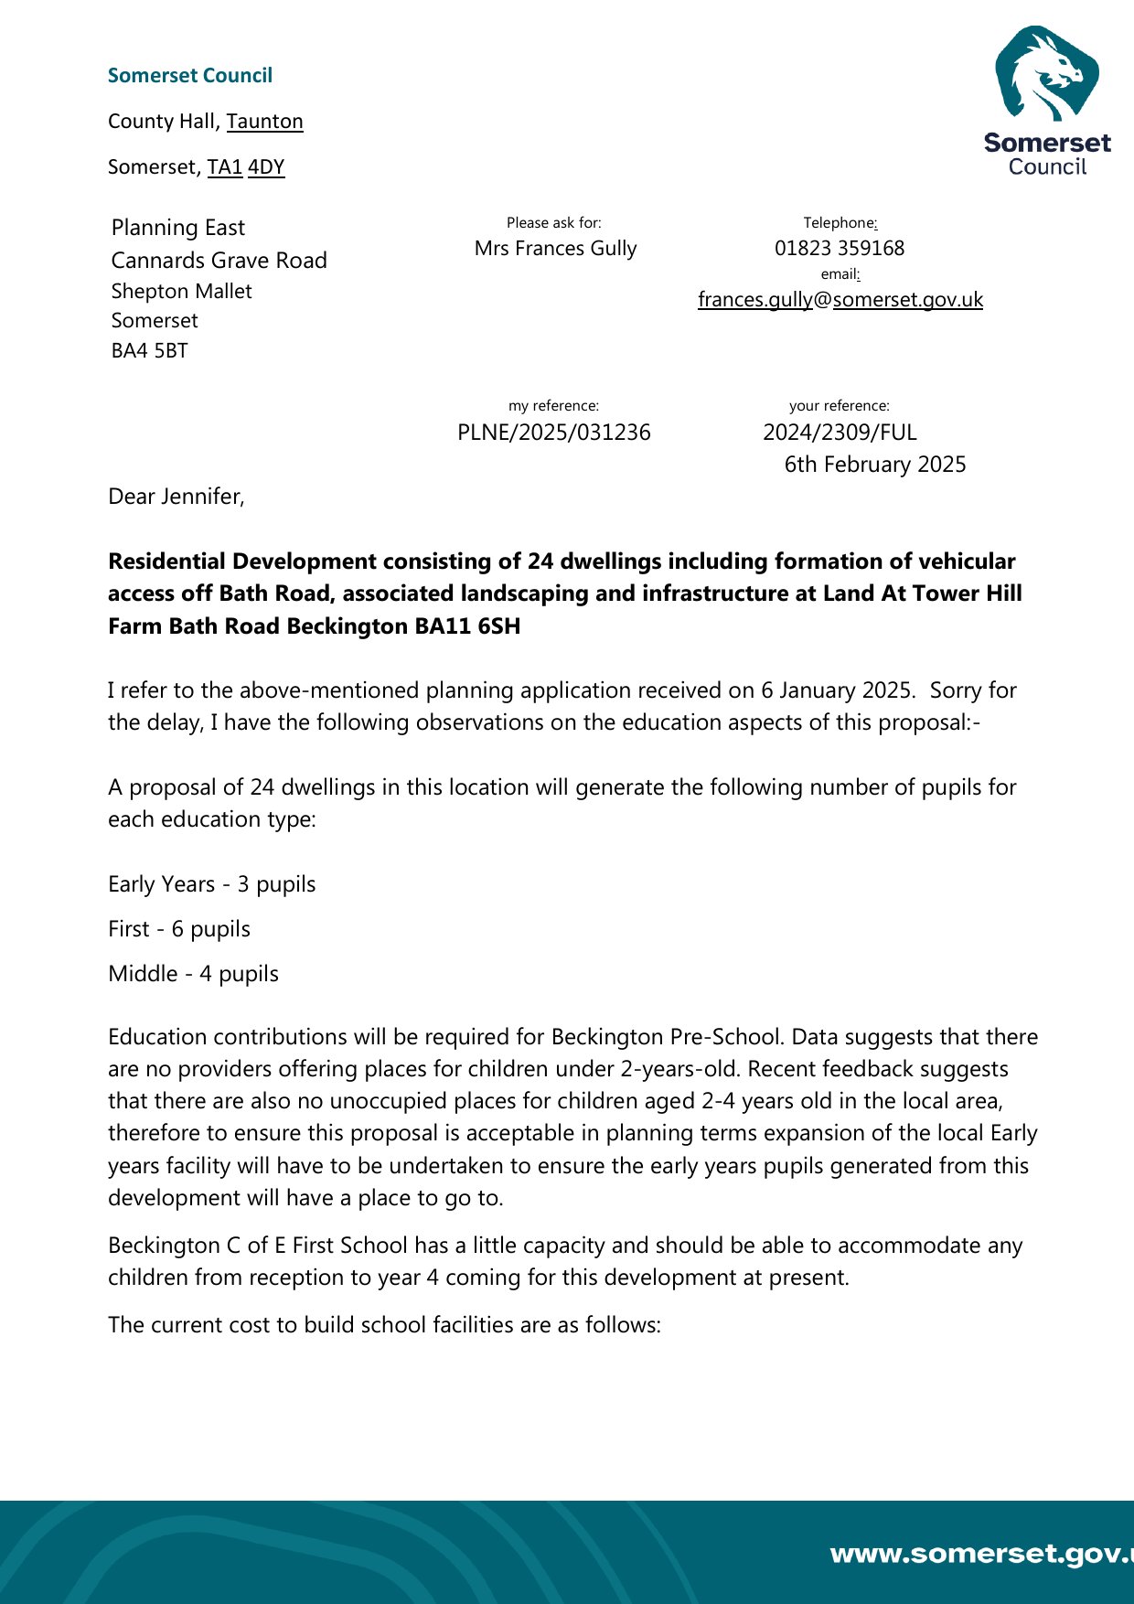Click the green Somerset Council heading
point(189,76)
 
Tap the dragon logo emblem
point(1046,74)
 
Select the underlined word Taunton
point(264,122)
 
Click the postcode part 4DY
point(266,167)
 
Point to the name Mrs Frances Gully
point(555,249)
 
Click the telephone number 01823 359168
point(839,249)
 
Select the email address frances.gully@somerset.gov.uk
point(840,300)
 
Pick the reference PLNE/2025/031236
point(553,433)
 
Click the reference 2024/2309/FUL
point(840,433)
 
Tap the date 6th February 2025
point(874,465)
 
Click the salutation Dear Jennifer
point(176,497)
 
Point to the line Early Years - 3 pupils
point(211,884)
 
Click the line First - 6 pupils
point(178,929)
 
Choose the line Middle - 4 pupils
point(193,974)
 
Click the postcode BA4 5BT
point(149,351)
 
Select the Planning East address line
point(177,228)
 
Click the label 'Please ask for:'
point(553,223)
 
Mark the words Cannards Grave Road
point(219,261)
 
